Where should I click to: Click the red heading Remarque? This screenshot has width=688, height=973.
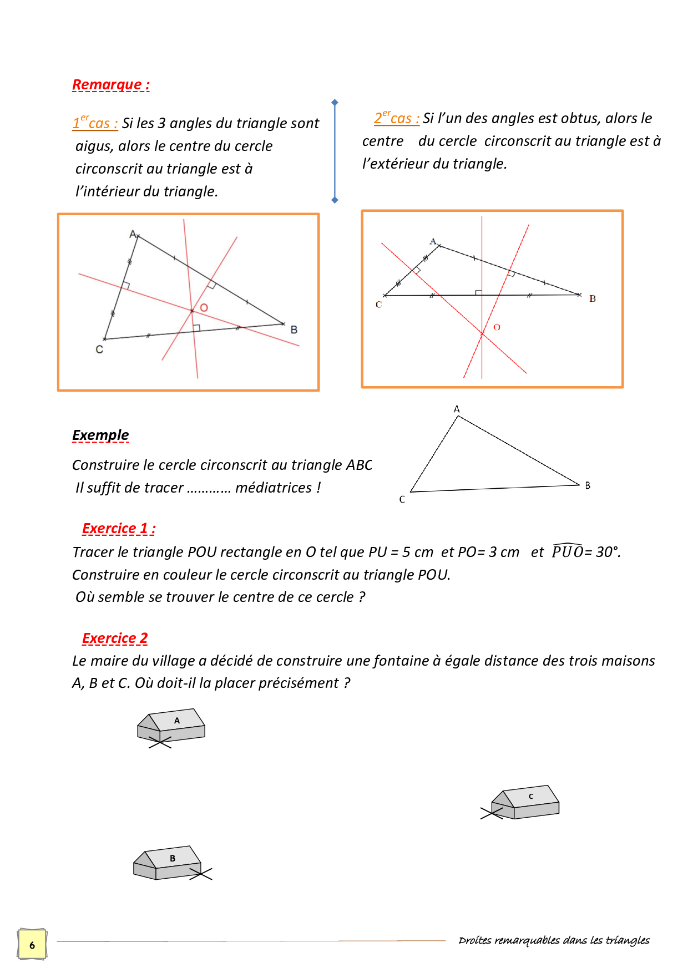click(110, 85)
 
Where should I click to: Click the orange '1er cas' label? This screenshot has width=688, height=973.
click(95, 123)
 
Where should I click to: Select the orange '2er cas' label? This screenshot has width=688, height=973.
click(396, 118)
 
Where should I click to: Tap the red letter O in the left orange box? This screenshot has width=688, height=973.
click(204, 308)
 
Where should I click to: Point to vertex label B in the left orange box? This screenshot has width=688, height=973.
click(294, 330)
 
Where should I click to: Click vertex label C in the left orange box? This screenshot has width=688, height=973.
click(99, 349)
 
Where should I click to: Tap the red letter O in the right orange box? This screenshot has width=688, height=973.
click(497, 327)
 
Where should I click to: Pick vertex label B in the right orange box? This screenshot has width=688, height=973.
click(593, 298)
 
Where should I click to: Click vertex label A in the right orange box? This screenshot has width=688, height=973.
click(433, 241)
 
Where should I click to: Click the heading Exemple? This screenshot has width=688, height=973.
click(100, 435)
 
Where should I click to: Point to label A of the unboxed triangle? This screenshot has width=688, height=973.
click(457, 409)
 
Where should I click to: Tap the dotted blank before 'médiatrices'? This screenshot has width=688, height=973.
click(209, 488)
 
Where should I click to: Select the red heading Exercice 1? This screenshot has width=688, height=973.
click(118, 529)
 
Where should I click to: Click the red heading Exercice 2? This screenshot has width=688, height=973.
click(115, 638)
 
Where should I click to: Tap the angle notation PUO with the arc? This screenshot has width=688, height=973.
click(567, 551)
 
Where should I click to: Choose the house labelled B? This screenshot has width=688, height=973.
click(168, 863)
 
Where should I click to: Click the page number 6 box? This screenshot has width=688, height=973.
click(32, 945)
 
